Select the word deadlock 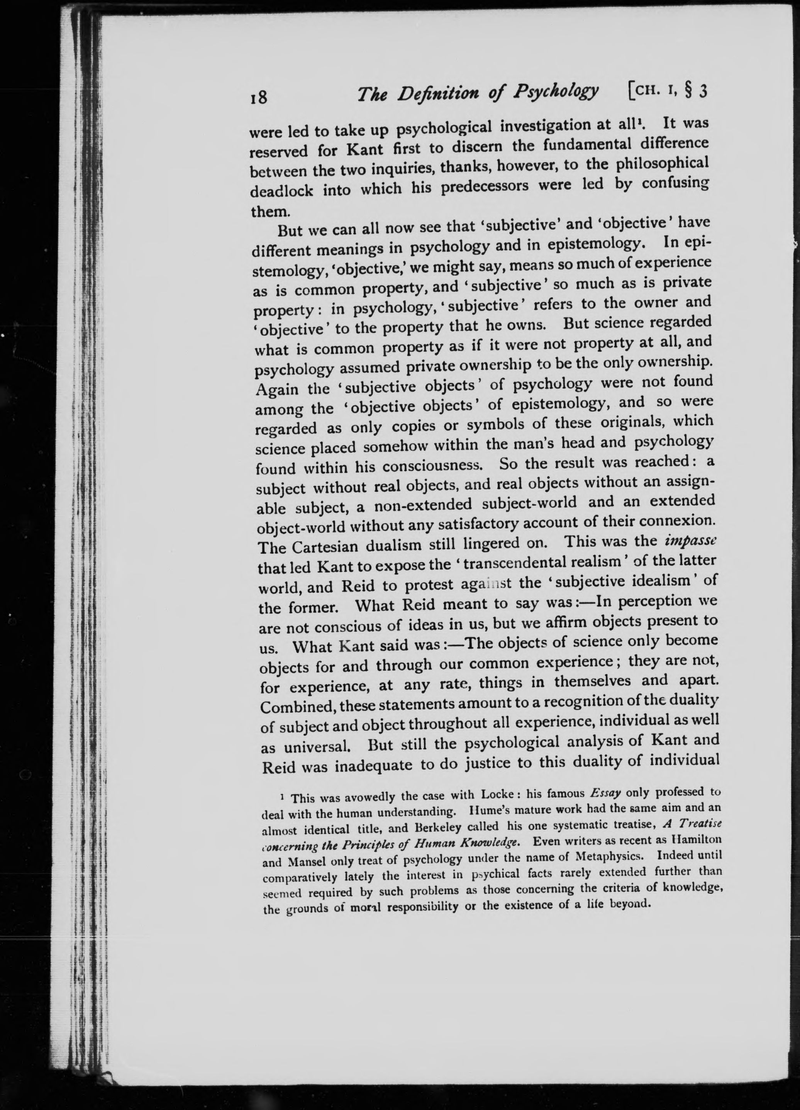(281, 190)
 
